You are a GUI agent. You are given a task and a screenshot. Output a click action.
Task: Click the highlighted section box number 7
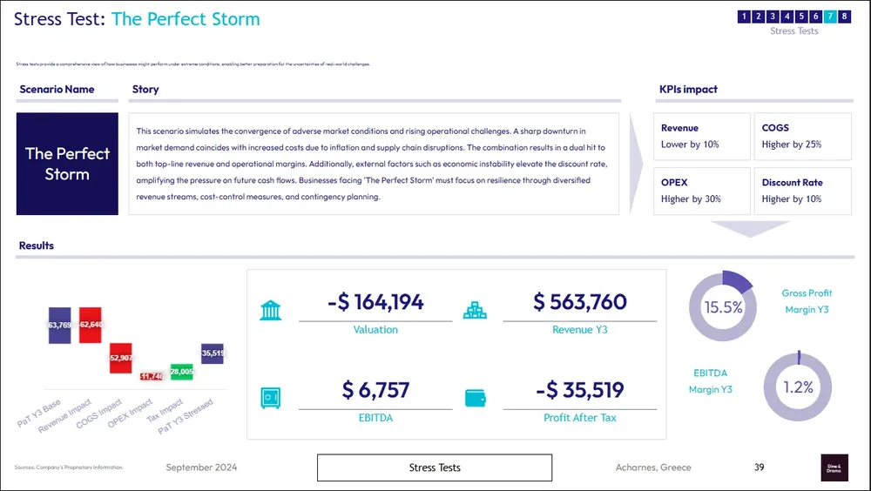coord(830,16)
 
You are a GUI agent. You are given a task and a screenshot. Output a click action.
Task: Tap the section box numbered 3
coord(773,16)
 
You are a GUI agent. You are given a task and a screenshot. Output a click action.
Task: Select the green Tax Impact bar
coord(181,372)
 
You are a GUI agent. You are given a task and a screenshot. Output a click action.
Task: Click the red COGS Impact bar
coord(121,358)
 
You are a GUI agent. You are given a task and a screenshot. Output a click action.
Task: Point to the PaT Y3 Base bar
coord(59,325)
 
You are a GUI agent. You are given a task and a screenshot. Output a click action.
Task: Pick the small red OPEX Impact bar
coord(152,376)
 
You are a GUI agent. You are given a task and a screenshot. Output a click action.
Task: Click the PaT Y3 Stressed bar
coord(212,353)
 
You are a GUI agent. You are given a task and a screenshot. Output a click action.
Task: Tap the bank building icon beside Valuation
coord(271,310)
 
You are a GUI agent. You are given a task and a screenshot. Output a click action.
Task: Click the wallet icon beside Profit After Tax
coord(476,398)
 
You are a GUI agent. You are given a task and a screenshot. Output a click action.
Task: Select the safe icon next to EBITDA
coord(271,398)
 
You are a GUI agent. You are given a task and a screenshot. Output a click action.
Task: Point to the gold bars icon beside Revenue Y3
coord(476,310)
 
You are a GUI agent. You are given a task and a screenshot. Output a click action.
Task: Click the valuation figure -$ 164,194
coord(375,302)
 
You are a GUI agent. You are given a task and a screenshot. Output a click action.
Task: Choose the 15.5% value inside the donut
coord(723,307)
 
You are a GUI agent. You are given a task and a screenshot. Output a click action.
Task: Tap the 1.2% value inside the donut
coord(798,387)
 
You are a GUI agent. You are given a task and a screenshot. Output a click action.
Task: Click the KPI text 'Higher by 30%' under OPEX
coord(691,199)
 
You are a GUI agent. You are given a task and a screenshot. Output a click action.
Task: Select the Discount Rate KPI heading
coord(792,183)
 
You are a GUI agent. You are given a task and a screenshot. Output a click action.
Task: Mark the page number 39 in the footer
coord(760,467)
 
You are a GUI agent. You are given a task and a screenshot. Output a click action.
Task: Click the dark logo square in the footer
coord(834,467)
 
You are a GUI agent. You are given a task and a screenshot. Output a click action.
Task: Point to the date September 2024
coord(201,467)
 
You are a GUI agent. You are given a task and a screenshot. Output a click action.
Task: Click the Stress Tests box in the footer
coord(435,467)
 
